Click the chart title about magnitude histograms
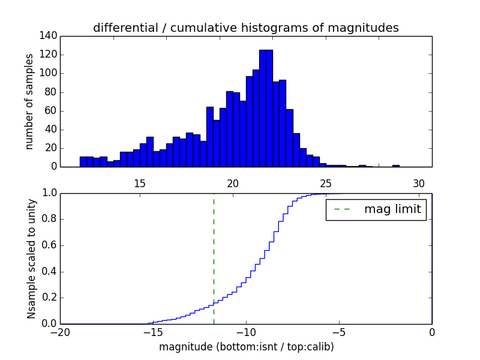(x=245, y=28)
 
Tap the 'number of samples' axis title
(x=29, y=101)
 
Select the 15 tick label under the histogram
(x=140, y=184)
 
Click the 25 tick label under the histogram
(x=326, y=184)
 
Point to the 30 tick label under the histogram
(x=419, y=184)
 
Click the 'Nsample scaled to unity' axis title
(x=31, y=258)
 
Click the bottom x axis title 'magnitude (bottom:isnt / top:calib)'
(x=246, y=347)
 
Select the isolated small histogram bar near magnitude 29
(x=396, y=166)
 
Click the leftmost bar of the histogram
(x=83, y=162)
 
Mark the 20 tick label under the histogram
(x=233, y=184)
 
